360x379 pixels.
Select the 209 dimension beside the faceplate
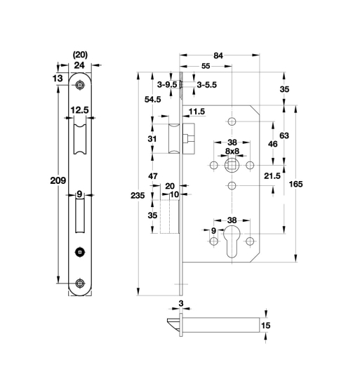59,181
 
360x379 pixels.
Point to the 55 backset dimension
205,66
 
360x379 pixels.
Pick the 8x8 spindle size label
232,151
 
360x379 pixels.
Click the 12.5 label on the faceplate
79,109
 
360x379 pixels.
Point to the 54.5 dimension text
153,100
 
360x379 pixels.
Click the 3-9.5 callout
167,84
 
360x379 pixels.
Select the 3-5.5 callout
206,84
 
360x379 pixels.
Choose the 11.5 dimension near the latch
196,112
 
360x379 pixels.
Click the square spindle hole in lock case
231,166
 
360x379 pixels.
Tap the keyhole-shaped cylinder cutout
232,239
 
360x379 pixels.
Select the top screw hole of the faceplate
79,85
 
